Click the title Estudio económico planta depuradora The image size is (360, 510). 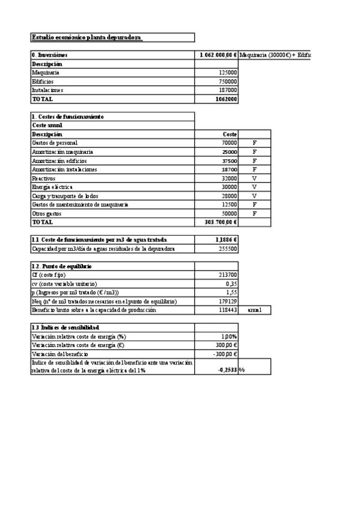pyautogui.click(x=87, y=37)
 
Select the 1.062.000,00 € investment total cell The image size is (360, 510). pyautogui.click(x=219, y=55)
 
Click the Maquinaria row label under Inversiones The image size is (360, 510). pyautogui.click(x=46, y=72)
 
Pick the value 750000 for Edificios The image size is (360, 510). pyautogui.click(x=228, y=81)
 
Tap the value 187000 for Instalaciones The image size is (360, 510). pyautogui.click(x=228, y=90)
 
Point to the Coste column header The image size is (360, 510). pyautogui.click(x=230, y=134)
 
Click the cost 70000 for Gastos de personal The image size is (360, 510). pyautogui.click(x=229, y=143)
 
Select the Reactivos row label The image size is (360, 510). pyautogui.click(x=43, y=179)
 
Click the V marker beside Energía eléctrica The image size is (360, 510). pyautogui.click(x=254, y=187)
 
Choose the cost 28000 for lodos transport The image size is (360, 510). pyautogui.click(x=229, y=196)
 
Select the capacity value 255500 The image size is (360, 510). pyautogui.click(x=228, y=248)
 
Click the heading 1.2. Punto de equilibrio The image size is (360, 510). pyautogui.click(x=61, y=266)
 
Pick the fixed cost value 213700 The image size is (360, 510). pyautogui.click(x=228, y=275)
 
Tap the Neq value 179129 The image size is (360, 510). pyautogui.click(x=228, y=301)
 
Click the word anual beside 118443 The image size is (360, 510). pyautogui.click(x=255, y=310)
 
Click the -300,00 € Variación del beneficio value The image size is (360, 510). pyautogui.click(x=225, y=354)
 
